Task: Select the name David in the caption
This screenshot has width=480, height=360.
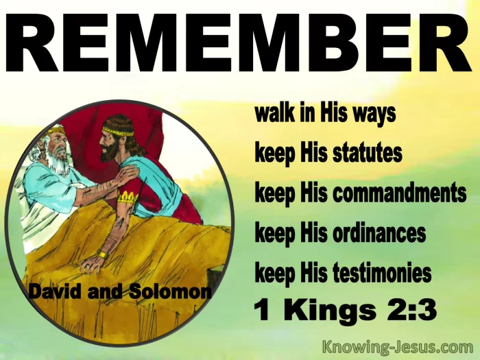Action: (x=56, y=291)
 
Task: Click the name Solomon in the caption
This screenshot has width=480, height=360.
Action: (x=170, y=291)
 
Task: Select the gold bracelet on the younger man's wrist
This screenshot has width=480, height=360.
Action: (x=103, y=254)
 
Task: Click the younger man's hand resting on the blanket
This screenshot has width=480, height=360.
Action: (x=91, y=265)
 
